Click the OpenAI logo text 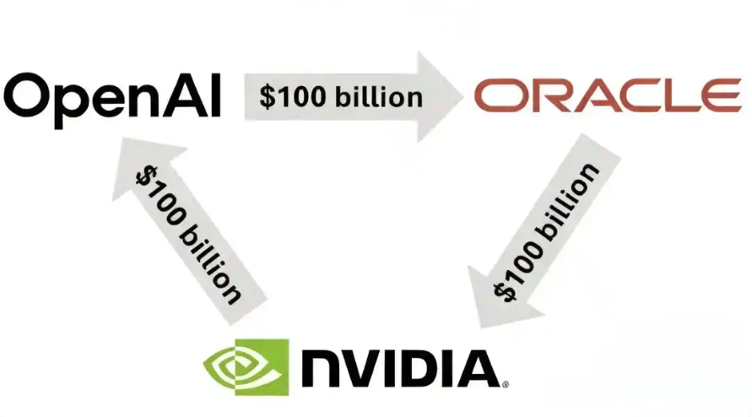[113, 100]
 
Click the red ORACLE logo [608, 95]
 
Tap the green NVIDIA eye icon [246, 367]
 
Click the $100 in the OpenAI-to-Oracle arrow [293, 96]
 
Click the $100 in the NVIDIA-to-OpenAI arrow [160, 195]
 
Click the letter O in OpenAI [24, 97]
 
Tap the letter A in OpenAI [184, 96]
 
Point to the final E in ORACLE [724, 95]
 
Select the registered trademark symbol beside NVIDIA [505, 384]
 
